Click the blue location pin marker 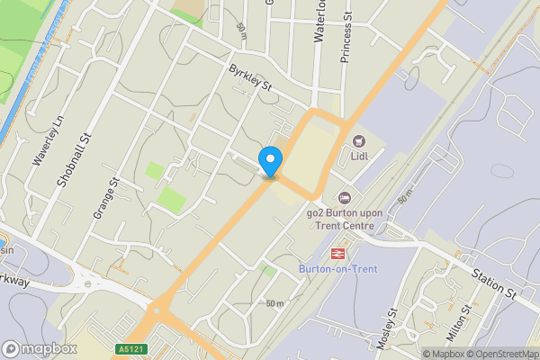pyautogui.click(x=269, y=162)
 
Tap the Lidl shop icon pyautogui.click(x=359, y=141)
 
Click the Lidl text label pyautogui.click(x=360, y=157)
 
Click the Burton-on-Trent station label pyautogui.click(x=337, y=269)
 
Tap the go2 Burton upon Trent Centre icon pyautogui.click(x=344, y=197)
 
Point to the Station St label pyautogui.click(x=496, y=281)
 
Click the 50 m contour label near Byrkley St pyautogui.click(x=241, y=29)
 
